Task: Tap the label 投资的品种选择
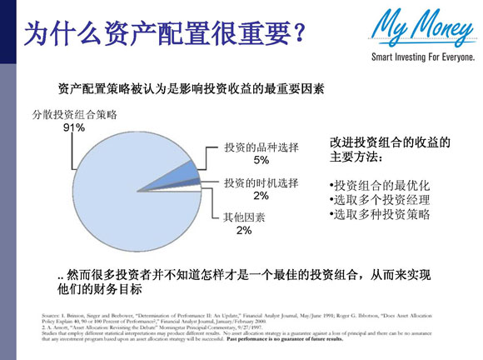click(x=261, y=147)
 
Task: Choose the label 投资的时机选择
click(x=261, y=182)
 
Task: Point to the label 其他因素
click(x=244, y=217)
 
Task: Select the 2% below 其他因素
click(x=243, y=230)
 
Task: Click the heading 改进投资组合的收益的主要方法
click(x=390, y=149)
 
